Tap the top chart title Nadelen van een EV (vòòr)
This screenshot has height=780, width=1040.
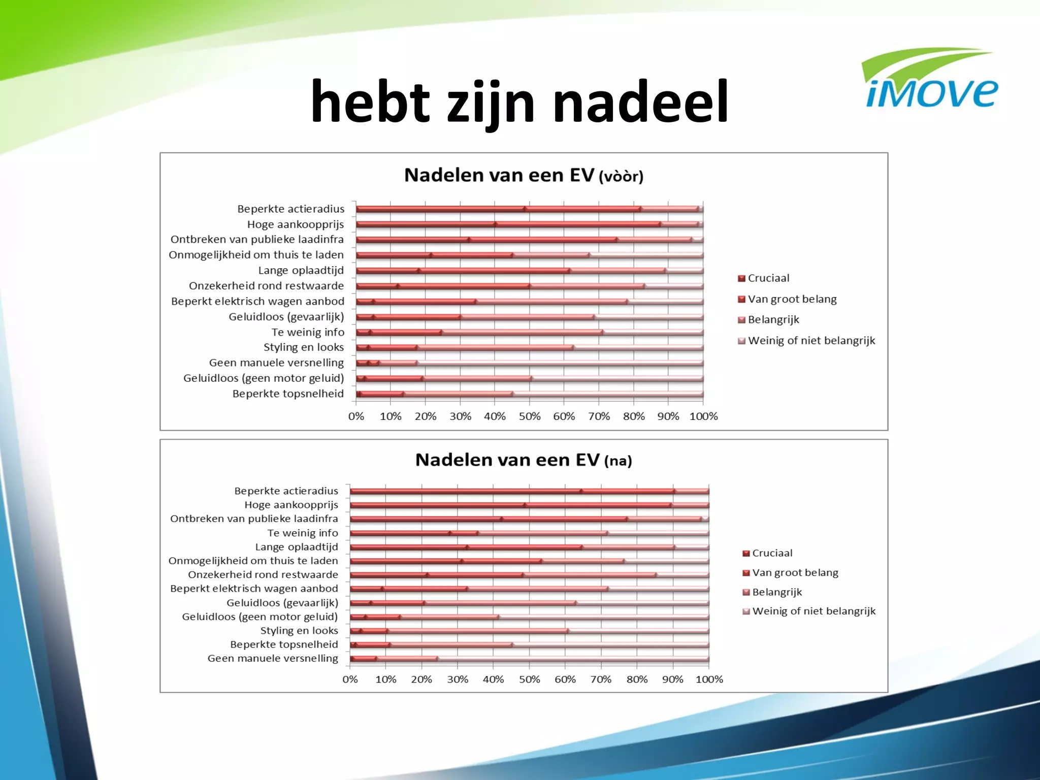tap(524, 175)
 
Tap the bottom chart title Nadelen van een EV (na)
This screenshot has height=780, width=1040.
tap(524, 460)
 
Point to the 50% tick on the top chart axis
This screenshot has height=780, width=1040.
tap(529, 416)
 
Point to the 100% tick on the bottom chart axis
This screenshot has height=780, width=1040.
tap(709, 679)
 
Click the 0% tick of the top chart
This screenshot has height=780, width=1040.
tap(356, 416)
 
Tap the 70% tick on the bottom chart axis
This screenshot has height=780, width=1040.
tap(601, 679)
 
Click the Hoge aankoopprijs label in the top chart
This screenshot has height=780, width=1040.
tap(295, 224)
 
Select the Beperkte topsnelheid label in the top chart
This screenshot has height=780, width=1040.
tap(288, 394)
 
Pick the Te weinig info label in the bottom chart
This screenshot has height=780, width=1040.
tap(303, 533)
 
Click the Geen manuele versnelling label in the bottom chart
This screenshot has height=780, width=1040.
tap(273, 659)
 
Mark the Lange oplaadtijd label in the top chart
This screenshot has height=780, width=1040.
tap(301, 271)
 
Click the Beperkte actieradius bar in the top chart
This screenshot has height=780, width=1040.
tap(528, 209)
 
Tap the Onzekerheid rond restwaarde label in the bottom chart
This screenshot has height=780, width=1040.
tap(263, 575)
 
